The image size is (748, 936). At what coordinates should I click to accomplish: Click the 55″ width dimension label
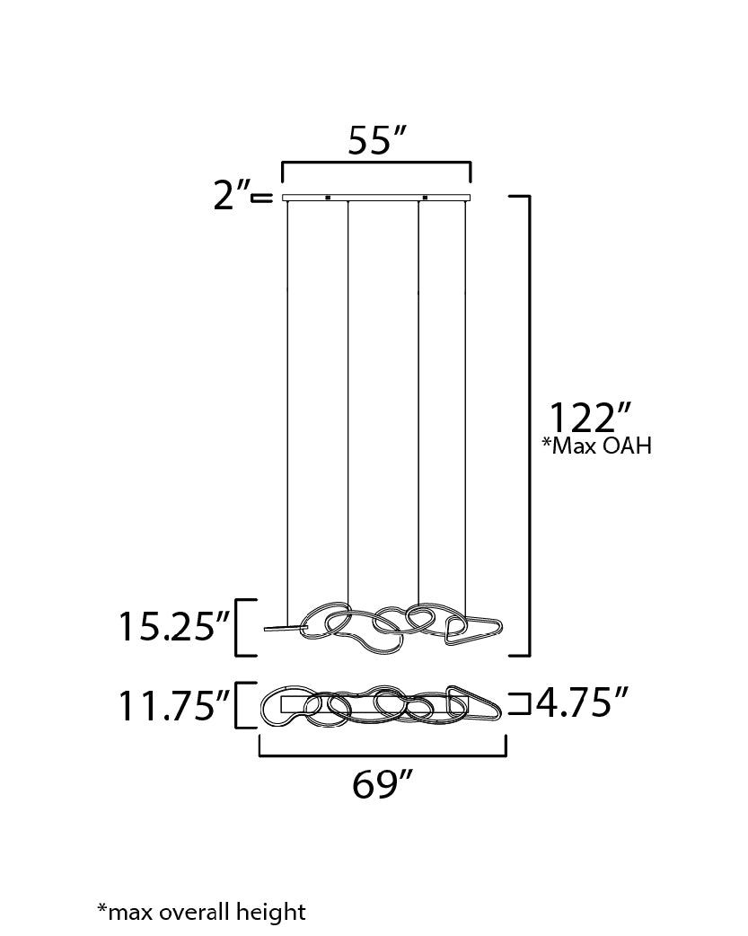[x=376, y=141]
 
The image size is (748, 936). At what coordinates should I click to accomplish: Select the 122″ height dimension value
[x=589, y=418]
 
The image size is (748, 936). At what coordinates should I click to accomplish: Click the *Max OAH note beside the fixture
[x=596, y=446]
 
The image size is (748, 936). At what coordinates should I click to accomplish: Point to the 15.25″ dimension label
[x=174, y=627]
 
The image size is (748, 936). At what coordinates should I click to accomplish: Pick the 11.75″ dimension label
[x=174, y=705]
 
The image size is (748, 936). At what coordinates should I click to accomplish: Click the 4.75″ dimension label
[x=582, y=702]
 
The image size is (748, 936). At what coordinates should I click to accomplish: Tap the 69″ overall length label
[x=382, y=784]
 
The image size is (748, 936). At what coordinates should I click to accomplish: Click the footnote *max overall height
[x=201, y=912]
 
